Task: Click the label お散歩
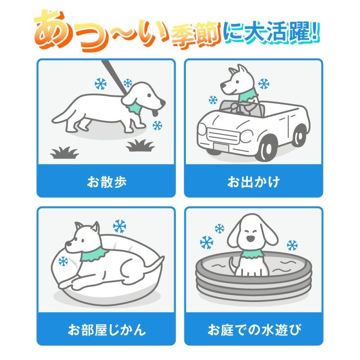[107, 182]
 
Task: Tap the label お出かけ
[253, 182]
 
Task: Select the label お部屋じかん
[107, 330]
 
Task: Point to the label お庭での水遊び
[254, 330]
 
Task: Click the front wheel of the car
[267, 148]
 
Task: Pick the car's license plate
[220, 147]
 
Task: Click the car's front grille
[223, 135]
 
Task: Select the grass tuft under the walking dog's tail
[64, 153]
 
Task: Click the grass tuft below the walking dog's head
[140, 145]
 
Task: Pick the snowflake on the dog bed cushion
[63, 261]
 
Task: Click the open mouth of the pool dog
[250, 239]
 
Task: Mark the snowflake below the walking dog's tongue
[157, 126]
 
